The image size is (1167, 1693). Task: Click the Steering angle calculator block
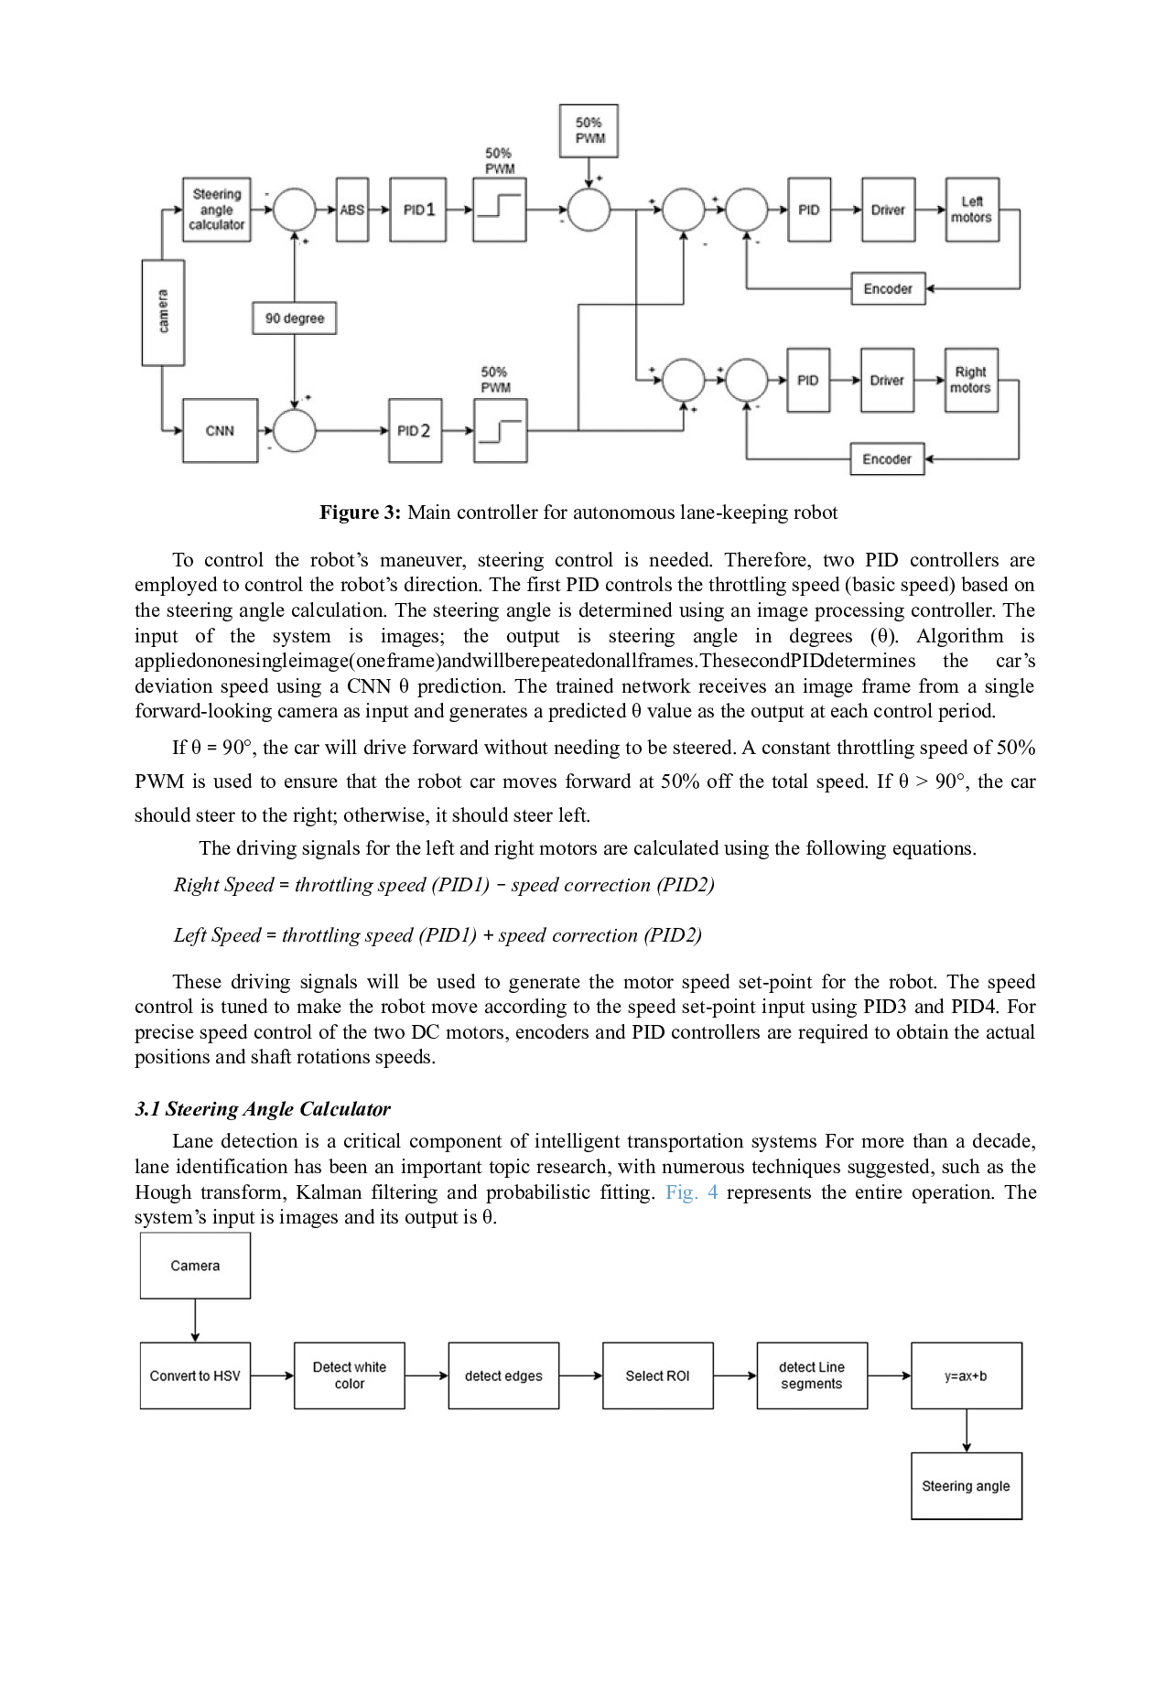coord(217,210)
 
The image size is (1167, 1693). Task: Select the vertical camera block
coord(163,312)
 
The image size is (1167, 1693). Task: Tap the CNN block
coord(220,430)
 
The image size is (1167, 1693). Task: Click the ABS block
coord(352,210)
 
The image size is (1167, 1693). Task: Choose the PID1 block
coord(418,210)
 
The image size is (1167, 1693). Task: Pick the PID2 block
coord(415,430)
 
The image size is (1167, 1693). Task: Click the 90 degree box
coord(295,318)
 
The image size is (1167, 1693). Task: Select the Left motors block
coord(971,210)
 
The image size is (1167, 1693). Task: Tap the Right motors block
coord(970,380)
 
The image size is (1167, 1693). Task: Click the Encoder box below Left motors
coord(888,288)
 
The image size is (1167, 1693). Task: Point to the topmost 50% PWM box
coord(589,131)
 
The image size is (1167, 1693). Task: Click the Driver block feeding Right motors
coord(887,380)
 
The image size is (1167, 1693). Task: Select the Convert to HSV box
coord(195,1375)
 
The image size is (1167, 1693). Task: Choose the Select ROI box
coord(657,1375)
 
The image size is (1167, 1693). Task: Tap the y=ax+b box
coord(966,1375)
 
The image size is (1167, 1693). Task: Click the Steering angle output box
coord(966,1486)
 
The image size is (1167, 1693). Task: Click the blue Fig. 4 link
coord(691,1192)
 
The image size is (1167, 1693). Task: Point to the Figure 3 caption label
coord(360,512)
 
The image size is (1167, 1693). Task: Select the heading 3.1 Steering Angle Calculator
coord(262,1109)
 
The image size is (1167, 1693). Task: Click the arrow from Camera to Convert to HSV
coord(195,1321)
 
